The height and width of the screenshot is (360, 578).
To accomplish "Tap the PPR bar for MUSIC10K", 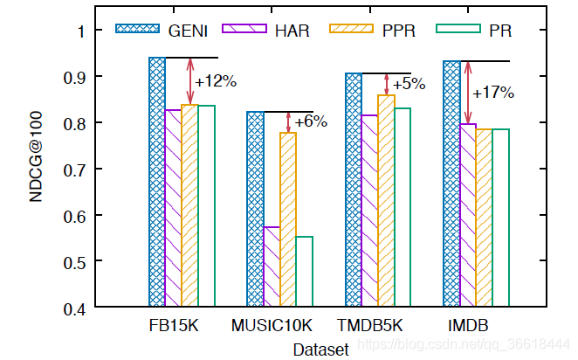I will coord(287,219).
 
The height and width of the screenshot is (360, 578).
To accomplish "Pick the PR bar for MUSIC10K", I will coord(304,271).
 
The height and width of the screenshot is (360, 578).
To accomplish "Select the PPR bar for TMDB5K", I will coord(386,200).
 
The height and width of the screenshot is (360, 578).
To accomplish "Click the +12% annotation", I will coord(216,82).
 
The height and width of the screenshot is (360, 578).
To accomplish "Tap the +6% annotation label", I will coord(310,122).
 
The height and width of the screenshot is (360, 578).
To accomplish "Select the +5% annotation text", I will coord(409,85).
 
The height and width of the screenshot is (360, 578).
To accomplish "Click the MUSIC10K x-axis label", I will coord(272,327).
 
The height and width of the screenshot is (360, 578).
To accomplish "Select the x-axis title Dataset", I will coord(320,349).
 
